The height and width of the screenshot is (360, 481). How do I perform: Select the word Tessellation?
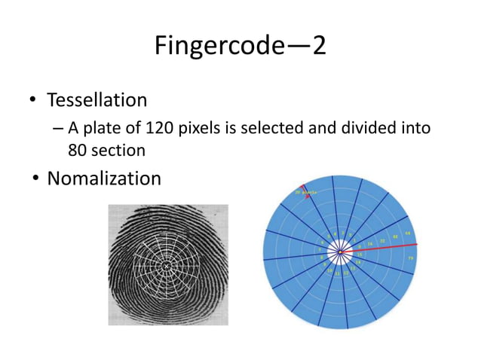[97, 99]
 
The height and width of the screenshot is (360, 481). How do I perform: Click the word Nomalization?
[104, 178]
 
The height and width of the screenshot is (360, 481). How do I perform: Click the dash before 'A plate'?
[58, 129]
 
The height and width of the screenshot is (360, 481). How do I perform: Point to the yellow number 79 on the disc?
[410, 258]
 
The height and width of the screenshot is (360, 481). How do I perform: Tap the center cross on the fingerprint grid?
[167, 266]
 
